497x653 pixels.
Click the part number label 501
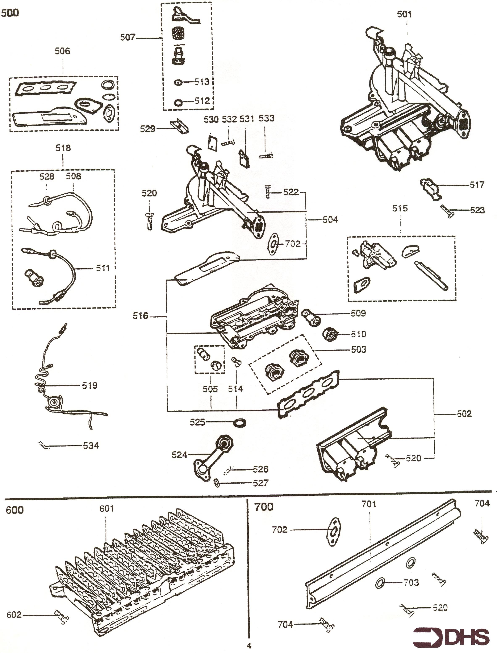(404, 15)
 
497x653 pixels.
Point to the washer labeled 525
(240, 423)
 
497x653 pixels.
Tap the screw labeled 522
(268, 192)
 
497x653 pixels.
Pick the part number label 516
(141, 316)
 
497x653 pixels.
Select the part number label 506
(62, 51)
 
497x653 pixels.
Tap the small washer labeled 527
(217, 483)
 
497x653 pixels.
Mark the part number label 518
(63, 148)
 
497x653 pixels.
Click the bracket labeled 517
(430, 188)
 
